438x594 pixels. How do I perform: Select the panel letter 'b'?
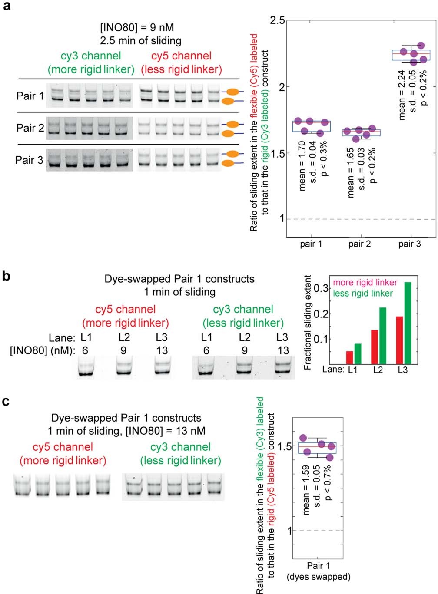[x=7, y=275]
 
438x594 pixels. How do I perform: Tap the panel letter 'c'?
[x=6, y=401]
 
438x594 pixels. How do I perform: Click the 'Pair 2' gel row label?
[x=30, y=128]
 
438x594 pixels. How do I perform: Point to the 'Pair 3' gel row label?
[x=29, y=160]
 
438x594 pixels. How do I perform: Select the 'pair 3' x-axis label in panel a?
[x=409, y=244]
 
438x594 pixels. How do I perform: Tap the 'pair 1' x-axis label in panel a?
[x=311, y=244]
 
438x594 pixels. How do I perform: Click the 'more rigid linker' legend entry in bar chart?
[x=365, y=283]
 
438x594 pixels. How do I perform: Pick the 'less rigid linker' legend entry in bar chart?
[x=362, y=294]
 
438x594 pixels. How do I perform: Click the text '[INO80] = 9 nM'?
[x=137, y=28]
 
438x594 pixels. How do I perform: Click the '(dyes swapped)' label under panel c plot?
[x=319, y=577]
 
